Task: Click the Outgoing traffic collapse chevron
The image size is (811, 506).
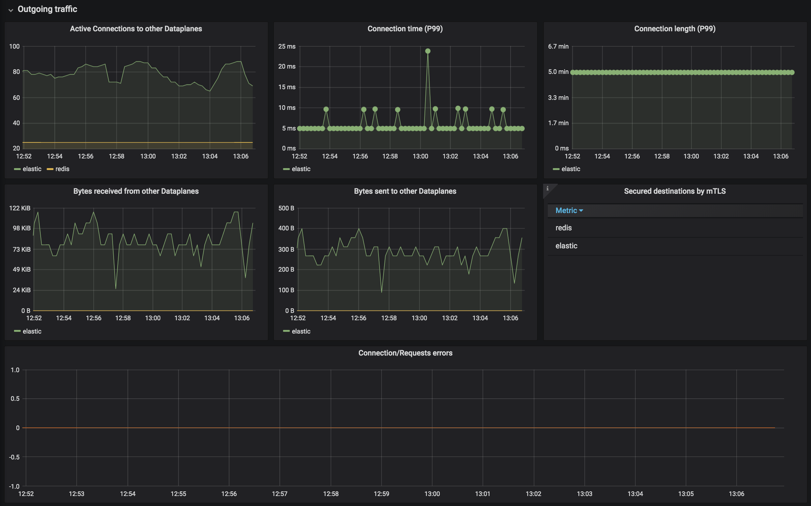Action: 11,10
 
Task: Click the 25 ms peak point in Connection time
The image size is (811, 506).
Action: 428,51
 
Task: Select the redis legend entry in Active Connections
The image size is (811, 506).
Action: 62,169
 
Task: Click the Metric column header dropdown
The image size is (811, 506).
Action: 569,210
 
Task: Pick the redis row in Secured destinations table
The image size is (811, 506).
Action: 563,228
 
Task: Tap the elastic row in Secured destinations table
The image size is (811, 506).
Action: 566,246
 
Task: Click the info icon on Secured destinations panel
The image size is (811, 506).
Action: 547,188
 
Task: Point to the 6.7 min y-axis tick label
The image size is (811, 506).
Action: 558,47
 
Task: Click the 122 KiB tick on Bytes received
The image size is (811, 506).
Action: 20,208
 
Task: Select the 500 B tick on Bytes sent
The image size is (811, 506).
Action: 286,208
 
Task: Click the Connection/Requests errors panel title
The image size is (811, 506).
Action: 405,353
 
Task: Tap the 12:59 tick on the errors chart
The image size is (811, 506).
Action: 381,494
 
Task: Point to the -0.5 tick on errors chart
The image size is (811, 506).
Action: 14,457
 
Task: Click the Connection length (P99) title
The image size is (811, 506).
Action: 675,29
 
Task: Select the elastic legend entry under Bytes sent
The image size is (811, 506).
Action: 301,331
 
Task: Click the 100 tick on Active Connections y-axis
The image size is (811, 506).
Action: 14,47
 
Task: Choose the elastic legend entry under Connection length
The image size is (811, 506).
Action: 570,169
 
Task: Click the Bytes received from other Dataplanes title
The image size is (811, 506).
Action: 136,191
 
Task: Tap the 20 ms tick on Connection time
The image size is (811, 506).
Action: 287,67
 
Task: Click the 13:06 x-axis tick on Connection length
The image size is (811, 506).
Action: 781,156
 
